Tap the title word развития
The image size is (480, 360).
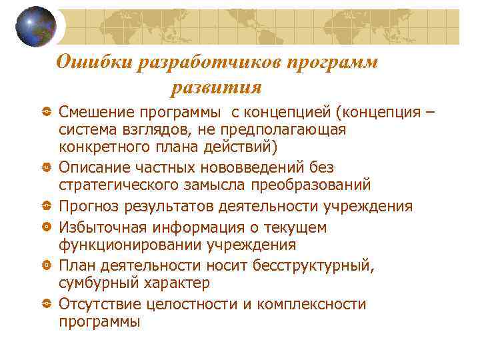coord(216,87)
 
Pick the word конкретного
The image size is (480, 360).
coord(104,146)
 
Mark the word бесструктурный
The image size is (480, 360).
coord(317,266)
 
